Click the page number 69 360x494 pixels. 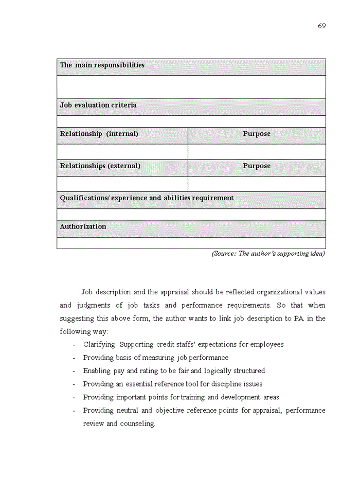point(321,26)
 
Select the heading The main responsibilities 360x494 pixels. point(102,65)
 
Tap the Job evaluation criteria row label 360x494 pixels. point(98,105)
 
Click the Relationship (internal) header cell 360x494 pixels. point(99,134)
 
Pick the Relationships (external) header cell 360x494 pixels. point(100,166)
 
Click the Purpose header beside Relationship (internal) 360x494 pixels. point(256,134)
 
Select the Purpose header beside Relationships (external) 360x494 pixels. point(256,166)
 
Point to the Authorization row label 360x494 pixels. point(83,227)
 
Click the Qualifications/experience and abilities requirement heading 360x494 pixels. point(147,198)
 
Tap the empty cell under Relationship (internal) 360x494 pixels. point(122,152)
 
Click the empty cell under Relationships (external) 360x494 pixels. point(122,184)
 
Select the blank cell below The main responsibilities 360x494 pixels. point(191,86)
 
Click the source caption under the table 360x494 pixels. point(268,254)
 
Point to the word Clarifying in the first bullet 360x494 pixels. point(99,344)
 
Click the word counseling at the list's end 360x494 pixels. point(137,424)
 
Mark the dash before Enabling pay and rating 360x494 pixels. point(75,371)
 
